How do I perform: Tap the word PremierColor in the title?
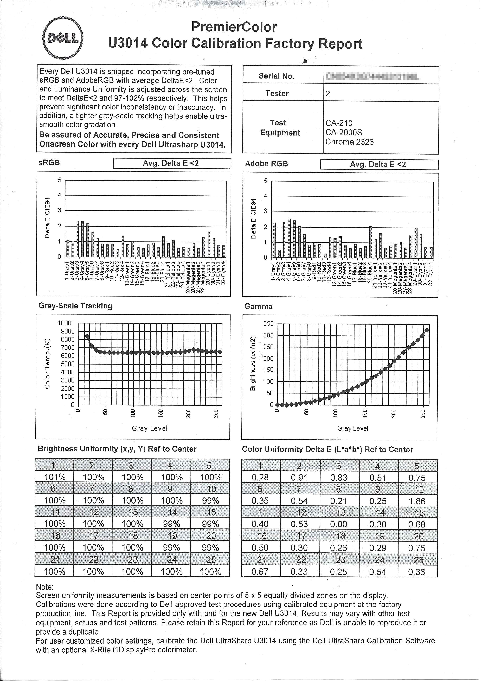click(234, 27)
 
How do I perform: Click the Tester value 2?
click(328, 94)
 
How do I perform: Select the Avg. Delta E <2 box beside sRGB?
click(172, 163)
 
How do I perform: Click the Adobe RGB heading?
click(266, 164)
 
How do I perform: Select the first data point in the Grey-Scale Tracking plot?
click(87, 336)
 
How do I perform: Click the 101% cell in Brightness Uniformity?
click(55, 477)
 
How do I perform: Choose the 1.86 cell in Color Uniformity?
click(417, 501)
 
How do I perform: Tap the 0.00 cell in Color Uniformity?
click(338, 524)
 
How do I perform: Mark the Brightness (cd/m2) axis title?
click(253, 364)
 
